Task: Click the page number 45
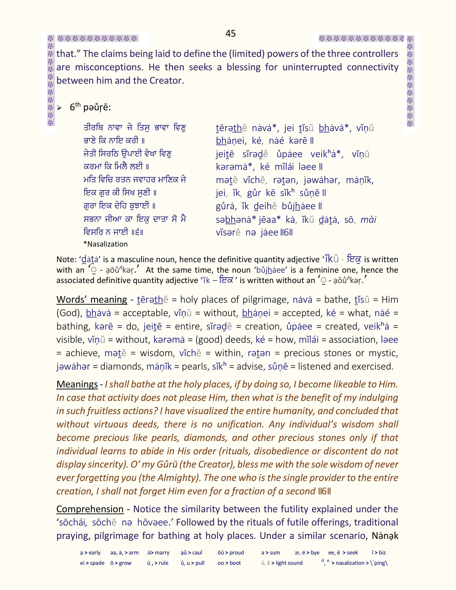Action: coord(231,33)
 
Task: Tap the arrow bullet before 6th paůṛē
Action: coord(59,108)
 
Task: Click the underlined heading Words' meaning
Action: coord(92,300)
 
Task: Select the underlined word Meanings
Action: coord(77,384)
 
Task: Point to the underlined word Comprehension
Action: coord(90,509)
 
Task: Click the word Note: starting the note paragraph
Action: coord(67,259)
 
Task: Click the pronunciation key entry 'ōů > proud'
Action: coord(231,552)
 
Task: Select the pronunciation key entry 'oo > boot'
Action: coord(229,563)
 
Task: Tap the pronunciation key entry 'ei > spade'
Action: coord(92,563)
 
